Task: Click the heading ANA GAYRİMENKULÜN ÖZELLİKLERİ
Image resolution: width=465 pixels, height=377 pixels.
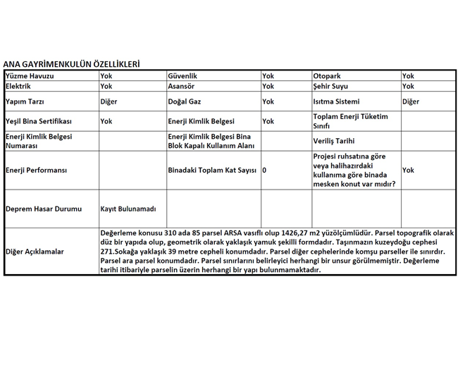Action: pos(71,63)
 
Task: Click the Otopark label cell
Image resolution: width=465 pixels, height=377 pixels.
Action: pos(328,75)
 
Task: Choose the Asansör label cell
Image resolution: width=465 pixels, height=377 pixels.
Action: pos(182,86)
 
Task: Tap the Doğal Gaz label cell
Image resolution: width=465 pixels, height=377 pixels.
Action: pos(185,101)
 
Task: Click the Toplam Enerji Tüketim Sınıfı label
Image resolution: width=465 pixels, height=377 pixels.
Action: pos(350,121)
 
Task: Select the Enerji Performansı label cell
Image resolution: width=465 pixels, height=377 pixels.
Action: pos(36,170)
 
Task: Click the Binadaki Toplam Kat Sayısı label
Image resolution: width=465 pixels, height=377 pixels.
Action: pos(211,170)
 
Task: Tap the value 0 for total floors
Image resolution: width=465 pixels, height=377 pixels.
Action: pos(264,170)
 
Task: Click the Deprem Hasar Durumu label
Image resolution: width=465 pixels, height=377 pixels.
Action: pos(43,209)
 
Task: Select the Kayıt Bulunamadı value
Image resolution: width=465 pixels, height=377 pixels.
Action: pos(127,209)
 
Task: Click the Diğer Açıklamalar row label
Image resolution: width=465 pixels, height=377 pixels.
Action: pos(35,251)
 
